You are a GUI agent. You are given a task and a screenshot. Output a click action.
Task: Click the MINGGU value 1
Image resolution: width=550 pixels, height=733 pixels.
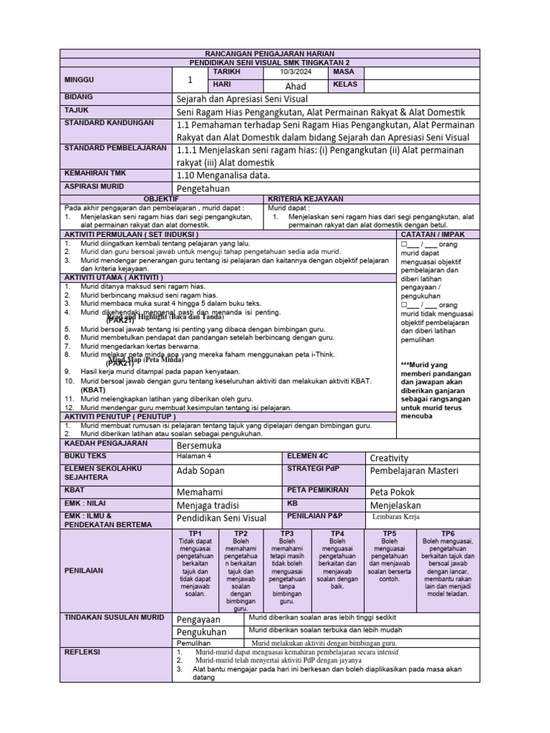point(190,79)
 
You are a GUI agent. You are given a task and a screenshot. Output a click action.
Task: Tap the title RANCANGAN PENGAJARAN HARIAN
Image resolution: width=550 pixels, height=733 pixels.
point(269,54)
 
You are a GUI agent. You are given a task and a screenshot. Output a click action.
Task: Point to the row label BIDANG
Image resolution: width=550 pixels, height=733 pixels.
point(79,97)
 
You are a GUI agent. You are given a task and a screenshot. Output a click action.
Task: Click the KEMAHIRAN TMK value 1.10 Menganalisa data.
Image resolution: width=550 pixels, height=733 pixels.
point(223,174)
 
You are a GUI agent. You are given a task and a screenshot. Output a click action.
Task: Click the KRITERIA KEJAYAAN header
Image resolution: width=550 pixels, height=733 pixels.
point(306,199)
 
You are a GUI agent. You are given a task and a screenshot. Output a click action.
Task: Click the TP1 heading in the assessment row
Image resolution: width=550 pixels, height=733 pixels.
point(196,534)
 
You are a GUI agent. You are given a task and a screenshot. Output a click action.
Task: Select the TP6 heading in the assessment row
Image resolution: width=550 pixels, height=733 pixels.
point(448,534)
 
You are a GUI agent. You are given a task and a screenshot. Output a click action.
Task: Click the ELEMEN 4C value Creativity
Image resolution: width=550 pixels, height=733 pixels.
point(389,458)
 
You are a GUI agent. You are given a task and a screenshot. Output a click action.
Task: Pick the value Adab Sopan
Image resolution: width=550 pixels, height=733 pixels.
point(200,471)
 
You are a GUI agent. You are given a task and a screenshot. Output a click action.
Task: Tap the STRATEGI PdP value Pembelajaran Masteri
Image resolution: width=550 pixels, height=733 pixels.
point(413,471)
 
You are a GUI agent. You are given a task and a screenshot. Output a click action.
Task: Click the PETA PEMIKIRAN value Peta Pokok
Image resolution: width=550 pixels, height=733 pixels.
point(392,492)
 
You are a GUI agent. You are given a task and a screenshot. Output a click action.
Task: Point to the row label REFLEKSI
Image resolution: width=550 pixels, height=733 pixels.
point(82,652)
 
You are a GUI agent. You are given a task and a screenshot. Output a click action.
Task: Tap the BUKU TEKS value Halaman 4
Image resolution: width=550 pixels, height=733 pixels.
point(194,456)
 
